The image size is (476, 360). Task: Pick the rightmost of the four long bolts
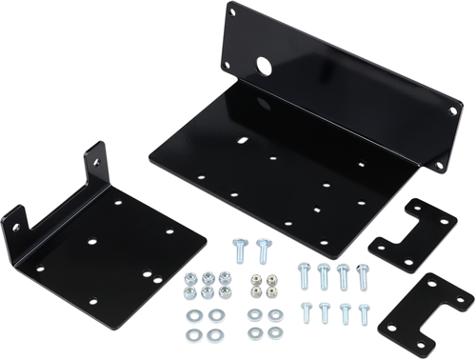pos(363,274)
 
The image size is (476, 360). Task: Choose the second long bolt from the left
pos(325,275)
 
